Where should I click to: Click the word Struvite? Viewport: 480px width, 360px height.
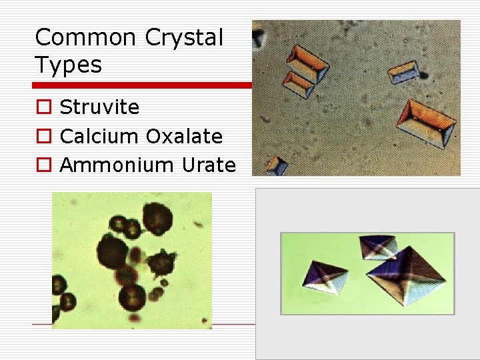(x=99, y=107)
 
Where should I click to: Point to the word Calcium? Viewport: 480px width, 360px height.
(x=99, y=136)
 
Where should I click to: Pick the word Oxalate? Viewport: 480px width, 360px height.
(x=184, y=136)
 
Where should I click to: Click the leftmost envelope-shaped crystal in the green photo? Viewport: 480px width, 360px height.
(x=325, y=275)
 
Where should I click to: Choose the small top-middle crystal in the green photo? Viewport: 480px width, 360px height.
(x=377, y=247)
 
